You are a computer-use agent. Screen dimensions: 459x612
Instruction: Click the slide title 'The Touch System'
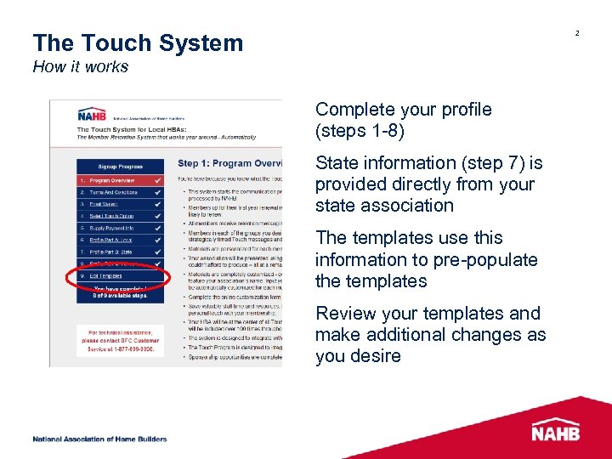(138, 43)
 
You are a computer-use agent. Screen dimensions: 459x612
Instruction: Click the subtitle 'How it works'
(80, 67)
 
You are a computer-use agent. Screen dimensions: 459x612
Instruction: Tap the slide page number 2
(576, 33)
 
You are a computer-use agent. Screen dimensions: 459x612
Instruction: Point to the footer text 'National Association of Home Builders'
(99, 439)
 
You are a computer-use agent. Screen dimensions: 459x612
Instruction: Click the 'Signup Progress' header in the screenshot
(120, 167)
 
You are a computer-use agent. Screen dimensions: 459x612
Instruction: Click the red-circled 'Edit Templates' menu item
(106, 276)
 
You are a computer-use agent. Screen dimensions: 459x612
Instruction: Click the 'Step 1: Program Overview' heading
(229, 163)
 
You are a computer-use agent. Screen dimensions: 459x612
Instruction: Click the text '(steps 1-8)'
(360, 131)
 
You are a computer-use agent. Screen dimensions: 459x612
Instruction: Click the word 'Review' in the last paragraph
(344, 314)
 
